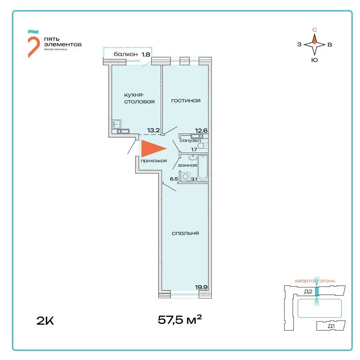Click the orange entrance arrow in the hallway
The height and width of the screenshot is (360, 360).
coord(152,148)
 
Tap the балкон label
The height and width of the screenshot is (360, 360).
coord(126,54)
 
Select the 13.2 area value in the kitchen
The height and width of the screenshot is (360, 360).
coord(153,130)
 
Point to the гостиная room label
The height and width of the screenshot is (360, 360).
coord(186,100)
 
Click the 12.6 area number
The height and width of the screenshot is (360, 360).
coord(201,131)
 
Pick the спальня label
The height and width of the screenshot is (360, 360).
coord(185,233)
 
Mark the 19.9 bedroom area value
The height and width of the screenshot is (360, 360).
coord(201,287)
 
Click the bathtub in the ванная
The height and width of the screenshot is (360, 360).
coord(203,168)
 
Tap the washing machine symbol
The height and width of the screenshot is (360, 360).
coord(185,176)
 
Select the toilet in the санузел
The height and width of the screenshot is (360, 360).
coord(203,145)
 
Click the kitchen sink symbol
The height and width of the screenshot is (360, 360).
coord(117,124)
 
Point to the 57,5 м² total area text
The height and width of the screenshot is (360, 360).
coord(180,319)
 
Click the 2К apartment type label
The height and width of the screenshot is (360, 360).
coord(45,321)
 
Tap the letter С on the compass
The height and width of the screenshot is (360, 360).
coord(315,30)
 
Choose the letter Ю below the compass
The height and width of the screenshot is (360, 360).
coord(315,60)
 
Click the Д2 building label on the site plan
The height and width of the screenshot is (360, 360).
coord(308,292)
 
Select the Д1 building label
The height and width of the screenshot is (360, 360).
coord(331,326)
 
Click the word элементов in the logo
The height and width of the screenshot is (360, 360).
coord(63,44)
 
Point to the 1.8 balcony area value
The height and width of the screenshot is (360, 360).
coord(146,54)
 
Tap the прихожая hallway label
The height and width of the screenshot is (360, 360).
coord(154,161)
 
